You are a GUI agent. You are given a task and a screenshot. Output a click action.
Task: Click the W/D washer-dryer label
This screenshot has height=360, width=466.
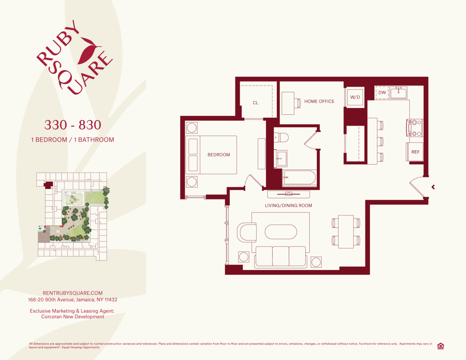[355, 97]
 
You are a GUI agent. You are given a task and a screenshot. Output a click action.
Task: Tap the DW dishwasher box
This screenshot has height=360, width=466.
[382, 93]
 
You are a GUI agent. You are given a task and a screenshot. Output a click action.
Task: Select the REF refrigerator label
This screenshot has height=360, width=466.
[415, 152]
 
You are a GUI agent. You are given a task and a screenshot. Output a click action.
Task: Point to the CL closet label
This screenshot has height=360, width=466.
[255, 103]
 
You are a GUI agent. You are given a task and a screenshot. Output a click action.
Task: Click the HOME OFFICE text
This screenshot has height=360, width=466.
[319, 102]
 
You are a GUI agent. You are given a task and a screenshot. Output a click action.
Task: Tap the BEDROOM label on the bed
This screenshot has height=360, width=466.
[219, 155]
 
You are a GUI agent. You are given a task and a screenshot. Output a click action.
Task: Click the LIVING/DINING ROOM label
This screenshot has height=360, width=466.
[288, 206]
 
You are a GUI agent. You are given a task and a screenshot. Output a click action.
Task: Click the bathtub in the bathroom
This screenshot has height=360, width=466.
[299, 177]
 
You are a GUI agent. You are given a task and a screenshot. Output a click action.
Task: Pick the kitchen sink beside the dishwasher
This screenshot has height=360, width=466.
[398, 93]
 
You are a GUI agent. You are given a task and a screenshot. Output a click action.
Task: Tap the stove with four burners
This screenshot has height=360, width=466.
[416, 128]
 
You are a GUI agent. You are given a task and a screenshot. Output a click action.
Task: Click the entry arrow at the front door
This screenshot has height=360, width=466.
[433, 187]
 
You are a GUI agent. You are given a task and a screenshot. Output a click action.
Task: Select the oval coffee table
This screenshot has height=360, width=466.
[281, 232]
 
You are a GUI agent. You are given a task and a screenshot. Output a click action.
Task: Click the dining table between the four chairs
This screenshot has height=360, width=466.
[346, 231]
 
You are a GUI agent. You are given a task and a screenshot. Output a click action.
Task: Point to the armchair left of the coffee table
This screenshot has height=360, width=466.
[247, 232]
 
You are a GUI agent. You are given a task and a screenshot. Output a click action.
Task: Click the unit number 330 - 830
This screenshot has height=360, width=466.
[73, 125]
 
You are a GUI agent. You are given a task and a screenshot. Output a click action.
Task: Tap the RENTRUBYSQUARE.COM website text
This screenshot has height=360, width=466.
[73, 293]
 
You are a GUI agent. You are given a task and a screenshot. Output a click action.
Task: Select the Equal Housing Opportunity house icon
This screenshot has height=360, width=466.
[440, 346]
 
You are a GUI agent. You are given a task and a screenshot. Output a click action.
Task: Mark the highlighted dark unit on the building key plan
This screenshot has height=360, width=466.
[49, 185]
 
